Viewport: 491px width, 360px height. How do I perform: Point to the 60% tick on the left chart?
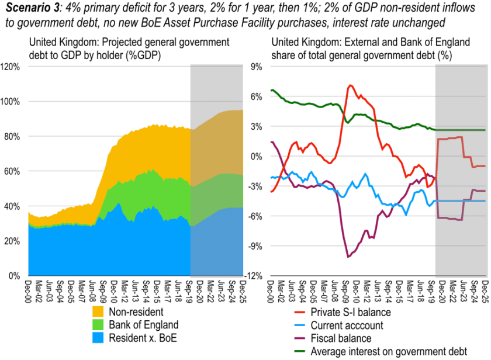coord(13,171)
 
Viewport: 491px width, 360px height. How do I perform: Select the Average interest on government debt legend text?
coord(388,351)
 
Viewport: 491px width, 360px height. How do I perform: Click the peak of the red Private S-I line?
coord(350,85)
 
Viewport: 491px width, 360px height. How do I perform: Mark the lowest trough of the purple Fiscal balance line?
coord(348,257)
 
